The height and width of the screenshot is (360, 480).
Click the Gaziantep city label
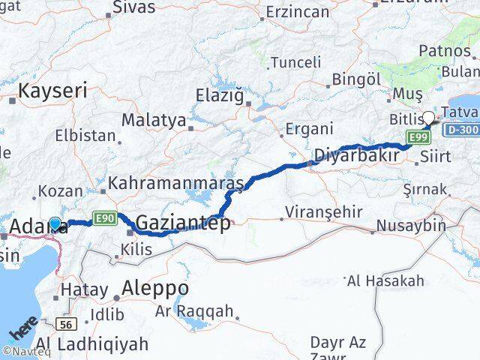point(184,223)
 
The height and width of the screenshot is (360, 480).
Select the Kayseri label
point(52,91)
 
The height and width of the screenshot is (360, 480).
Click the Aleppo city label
point(156,289)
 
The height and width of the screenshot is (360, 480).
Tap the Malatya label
point(153,119)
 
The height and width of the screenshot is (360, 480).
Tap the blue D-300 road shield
point(460,130)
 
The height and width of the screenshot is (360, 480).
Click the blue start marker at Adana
point(55,223)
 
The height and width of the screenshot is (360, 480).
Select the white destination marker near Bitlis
point(428,117)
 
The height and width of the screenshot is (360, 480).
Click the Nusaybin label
point(411,225)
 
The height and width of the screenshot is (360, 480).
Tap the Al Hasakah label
point(385,281)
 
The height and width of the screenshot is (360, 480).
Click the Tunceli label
point(295,61)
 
